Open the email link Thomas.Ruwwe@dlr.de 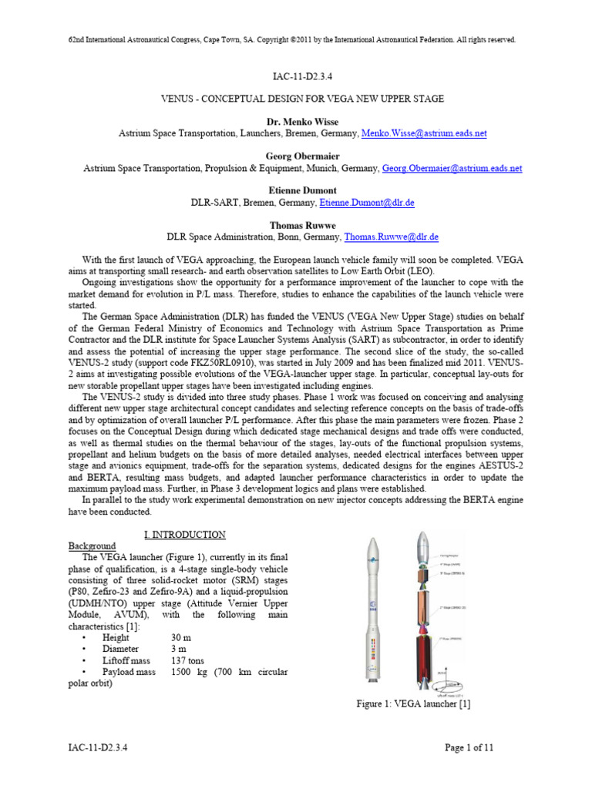point(392,237)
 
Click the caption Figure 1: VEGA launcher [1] point(413,703)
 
